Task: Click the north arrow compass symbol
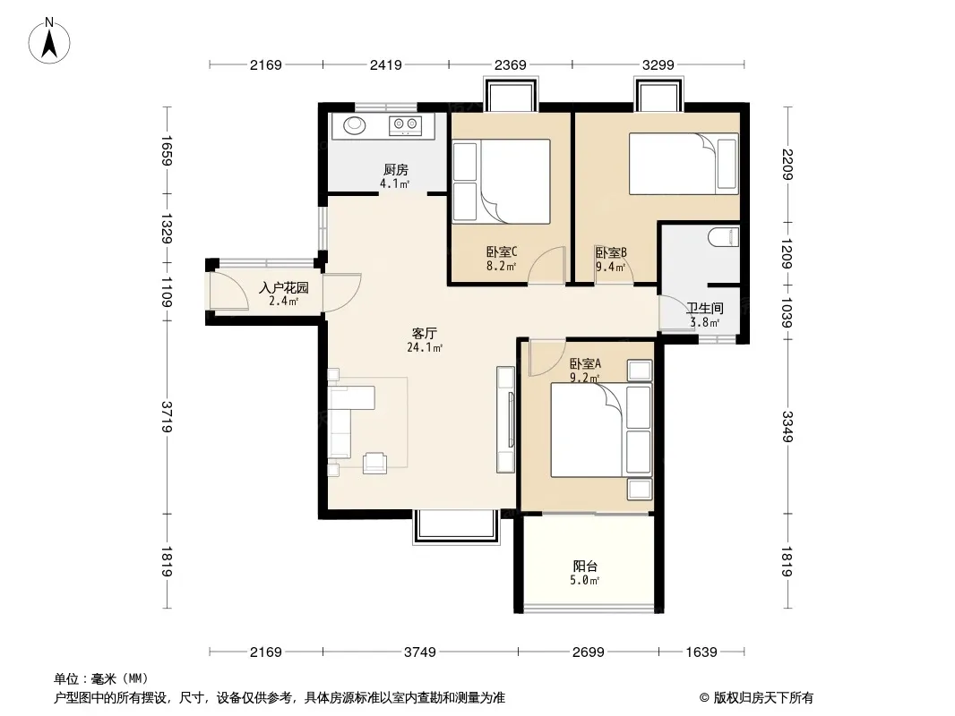point(49,40)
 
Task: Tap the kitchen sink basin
point(355,125)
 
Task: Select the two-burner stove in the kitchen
point(405,125)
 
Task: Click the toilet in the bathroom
point(724,236)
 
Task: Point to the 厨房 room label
point(396,170)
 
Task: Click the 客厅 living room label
point(425,333)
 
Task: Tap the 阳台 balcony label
point(585,567)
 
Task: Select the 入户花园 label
point(284,287)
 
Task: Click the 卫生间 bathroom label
point(705,309)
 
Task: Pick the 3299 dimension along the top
point(658,64)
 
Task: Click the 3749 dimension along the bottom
point(420,652)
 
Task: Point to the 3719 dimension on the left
point(167,417)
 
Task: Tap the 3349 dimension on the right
point(787,427)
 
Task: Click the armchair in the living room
point(374,463)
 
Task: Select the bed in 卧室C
point(502,182)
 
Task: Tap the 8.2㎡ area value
point(502,266)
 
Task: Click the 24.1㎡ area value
point(425,348)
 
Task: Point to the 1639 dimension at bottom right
point(701,652)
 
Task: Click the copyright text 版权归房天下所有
point(763,698)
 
